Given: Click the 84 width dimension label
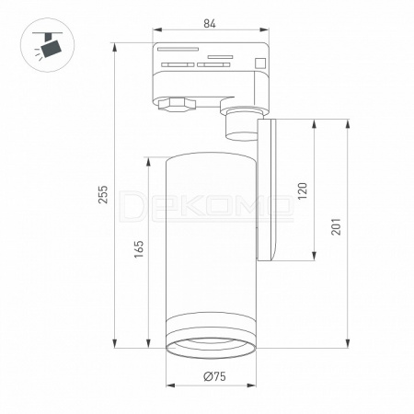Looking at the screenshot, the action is pos(210,23).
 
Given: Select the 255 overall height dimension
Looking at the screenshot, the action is pos(103,194).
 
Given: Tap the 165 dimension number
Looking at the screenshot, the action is pos(139,249).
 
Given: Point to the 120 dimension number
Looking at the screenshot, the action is pos(303,190).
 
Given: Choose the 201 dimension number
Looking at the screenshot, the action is pos(336,226).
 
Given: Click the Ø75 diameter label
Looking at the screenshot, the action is pos(214,376).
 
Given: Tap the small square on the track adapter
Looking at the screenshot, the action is pos(260,63).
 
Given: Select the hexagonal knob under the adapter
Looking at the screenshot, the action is pos(177,104).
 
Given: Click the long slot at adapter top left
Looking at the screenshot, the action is pos(178,49).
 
